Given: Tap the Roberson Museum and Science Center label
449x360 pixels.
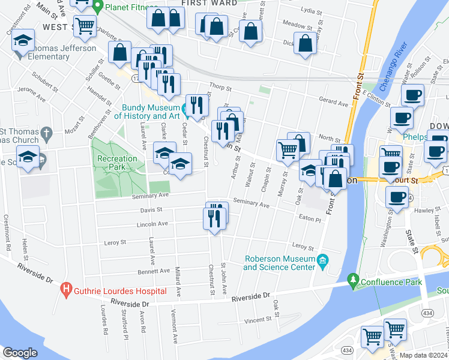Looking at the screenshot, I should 279,263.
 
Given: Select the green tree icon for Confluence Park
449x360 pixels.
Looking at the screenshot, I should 354,280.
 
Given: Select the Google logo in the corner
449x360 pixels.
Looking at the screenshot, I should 20,353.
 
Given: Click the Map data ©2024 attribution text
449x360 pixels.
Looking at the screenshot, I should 423,355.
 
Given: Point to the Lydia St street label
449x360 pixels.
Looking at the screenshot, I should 311,10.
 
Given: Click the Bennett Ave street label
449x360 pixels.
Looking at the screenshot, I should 137,271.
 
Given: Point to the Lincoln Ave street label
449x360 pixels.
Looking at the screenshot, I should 152,224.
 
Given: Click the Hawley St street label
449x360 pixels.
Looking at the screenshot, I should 423,210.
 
